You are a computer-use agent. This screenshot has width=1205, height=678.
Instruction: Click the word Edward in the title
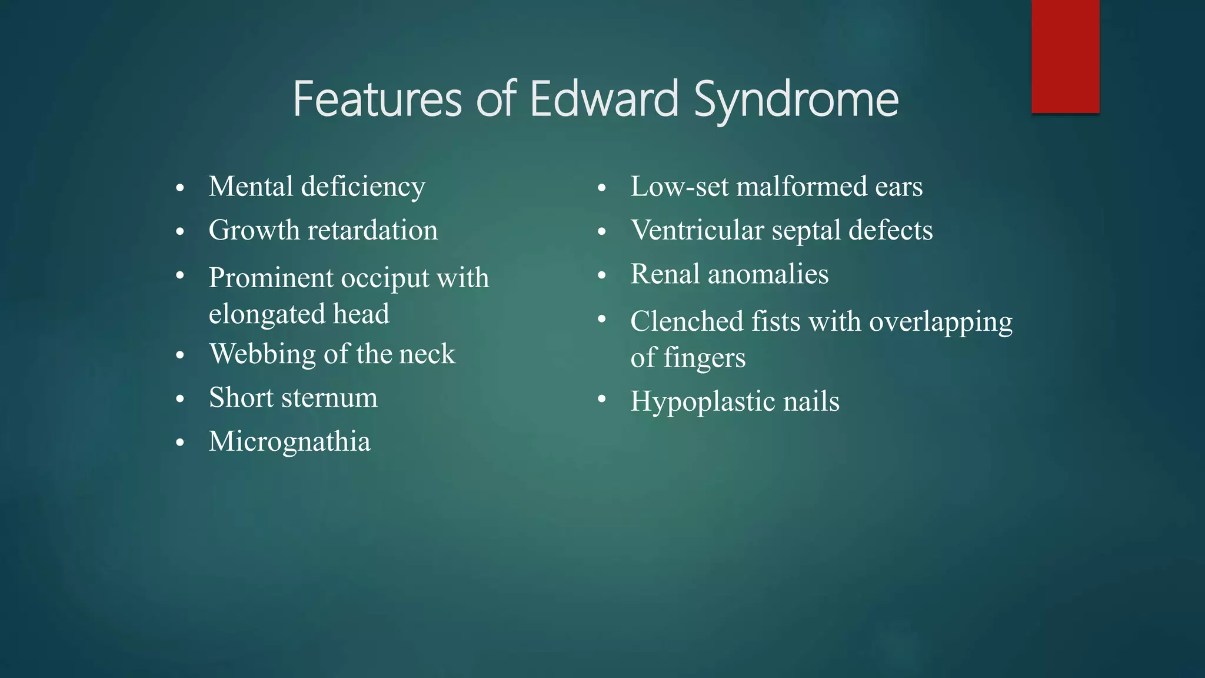click(604, 99)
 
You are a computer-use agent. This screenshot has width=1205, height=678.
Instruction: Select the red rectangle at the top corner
click(1065, 56)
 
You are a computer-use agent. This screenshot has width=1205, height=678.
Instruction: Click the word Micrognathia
click(289, 442)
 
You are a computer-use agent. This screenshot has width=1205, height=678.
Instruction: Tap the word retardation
click(372, 230)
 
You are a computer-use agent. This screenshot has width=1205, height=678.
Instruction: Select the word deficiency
click(363, 187)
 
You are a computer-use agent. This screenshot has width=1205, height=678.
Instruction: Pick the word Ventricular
click(697, 230)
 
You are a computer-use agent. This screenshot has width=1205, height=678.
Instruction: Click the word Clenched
click(687, 322)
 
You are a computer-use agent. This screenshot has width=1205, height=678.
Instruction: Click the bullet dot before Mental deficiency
click(180, 188)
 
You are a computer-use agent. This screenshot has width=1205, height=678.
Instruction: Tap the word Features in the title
click(377, 99)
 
